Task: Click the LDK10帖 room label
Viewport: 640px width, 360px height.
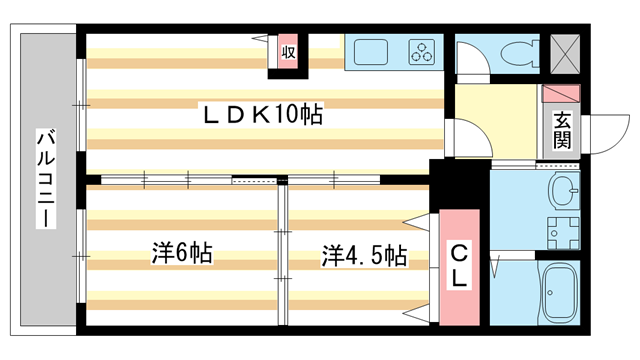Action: point(262,116)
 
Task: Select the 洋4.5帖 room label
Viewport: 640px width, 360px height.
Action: point(363,256)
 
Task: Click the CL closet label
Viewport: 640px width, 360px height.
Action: point(459,265)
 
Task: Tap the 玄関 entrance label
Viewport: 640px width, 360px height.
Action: point(562,130)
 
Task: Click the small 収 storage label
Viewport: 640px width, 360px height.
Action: point(288,50)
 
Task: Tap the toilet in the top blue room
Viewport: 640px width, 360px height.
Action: point(519,52)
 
